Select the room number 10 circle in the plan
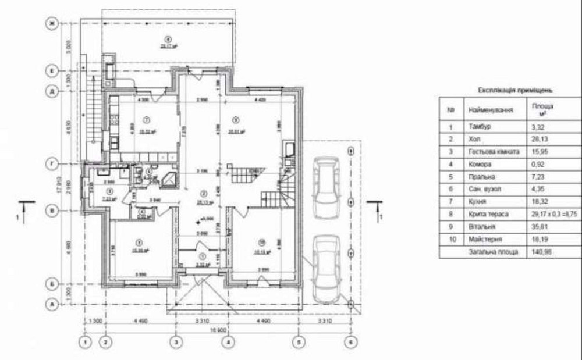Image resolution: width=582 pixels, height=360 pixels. (x=262, y=243)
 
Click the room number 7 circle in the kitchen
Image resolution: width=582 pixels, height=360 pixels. (x=147, y=119)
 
